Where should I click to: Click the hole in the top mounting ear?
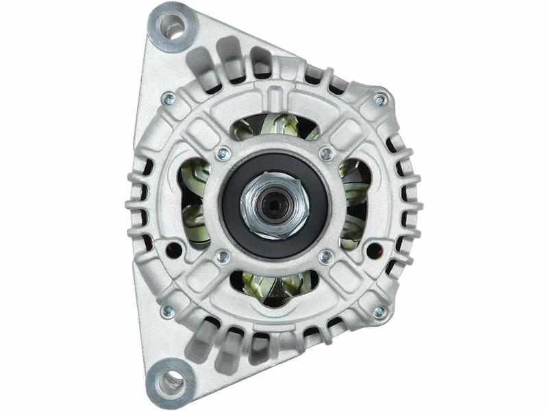point(171,28)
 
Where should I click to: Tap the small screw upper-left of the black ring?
point(222,154)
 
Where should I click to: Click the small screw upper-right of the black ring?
point(326,153)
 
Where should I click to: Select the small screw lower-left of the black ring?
point(222,257)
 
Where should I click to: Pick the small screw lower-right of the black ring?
point(326,257)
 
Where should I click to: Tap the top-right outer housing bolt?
point(379,100)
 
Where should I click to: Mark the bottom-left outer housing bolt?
point(168,311)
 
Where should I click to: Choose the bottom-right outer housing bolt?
point(379,312)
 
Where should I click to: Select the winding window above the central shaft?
point(274,127)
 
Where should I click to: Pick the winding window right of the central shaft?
point(354,202)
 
